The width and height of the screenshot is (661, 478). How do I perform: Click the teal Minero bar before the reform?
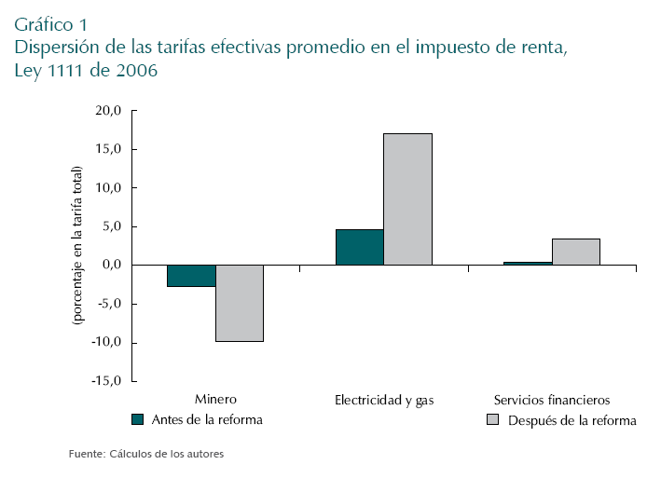click(191, 276)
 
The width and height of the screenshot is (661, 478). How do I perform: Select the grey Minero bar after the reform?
click(240, 303)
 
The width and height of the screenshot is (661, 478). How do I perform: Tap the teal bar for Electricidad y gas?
click(360, 247)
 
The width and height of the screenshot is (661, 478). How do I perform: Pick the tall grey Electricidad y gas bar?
click(407, 199)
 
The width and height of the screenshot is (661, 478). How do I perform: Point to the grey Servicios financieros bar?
click(575, 252)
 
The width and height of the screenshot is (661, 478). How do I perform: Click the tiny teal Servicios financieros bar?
click(528, 264)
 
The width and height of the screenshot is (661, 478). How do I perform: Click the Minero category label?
click(215, 399)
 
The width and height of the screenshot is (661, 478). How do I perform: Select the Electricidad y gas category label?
click(384, 400)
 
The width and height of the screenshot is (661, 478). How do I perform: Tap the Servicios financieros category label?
click(552, 399)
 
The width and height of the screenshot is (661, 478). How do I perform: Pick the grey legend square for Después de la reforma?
click(494, 420)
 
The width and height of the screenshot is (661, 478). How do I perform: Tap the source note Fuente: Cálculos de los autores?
click(146, 455)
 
